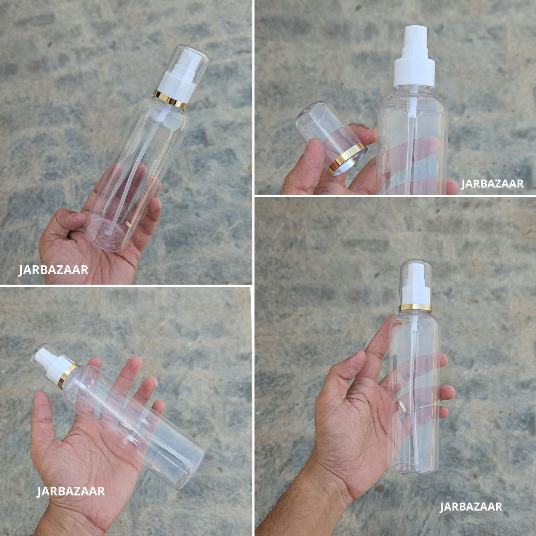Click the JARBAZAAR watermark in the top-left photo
(x=53, y=270)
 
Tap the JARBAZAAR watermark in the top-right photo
(x=492, y=184)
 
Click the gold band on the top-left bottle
(x=171, y=99)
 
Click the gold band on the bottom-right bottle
(x=415, y=307)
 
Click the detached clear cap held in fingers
(x=331, y=138)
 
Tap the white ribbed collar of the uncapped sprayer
(x=414, y=72)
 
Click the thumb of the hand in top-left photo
(x=62, y=221)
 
